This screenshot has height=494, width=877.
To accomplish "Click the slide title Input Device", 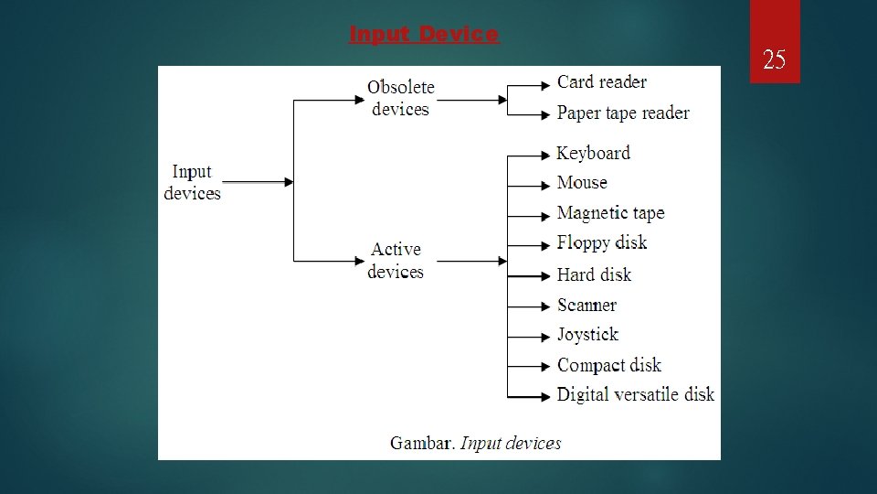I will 424,35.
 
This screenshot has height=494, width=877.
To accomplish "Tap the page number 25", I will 774,60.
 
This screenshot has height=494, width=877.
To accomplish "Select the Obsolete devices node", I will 401,98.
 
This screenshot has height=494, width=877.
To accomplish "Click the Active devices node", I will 396,261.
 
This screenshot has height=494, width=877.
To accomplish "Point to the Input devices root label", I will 192,182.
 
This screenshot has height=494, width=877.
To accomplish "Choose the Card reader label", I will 602,82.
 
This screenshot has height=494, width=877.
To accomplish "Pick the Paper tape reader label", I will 623,113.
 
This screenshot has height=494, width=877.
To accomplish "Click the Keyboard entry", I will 594,153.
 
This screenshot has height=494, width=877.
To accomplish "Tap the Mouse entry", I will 582,183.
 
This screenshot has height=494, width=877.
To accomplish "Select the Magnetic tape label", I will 610,213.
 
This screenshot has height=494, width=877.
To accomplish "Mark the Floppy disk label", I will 602,242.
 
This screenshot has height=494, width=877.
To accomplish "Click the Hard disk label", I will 594,274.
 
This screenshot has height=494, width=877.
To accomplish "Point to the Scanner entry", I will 586,305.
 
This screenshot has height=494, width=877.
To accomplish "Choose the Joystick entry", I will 587,335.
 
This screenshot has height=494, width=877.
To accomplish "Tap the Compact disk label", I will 608,365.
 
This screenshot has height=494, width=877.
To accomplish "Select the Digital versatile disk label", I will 635,394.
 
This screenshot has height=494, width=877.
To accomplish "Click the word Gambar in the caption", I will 422,444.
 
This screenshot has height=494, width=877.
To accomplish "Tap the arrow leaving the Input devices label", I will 258,182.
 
